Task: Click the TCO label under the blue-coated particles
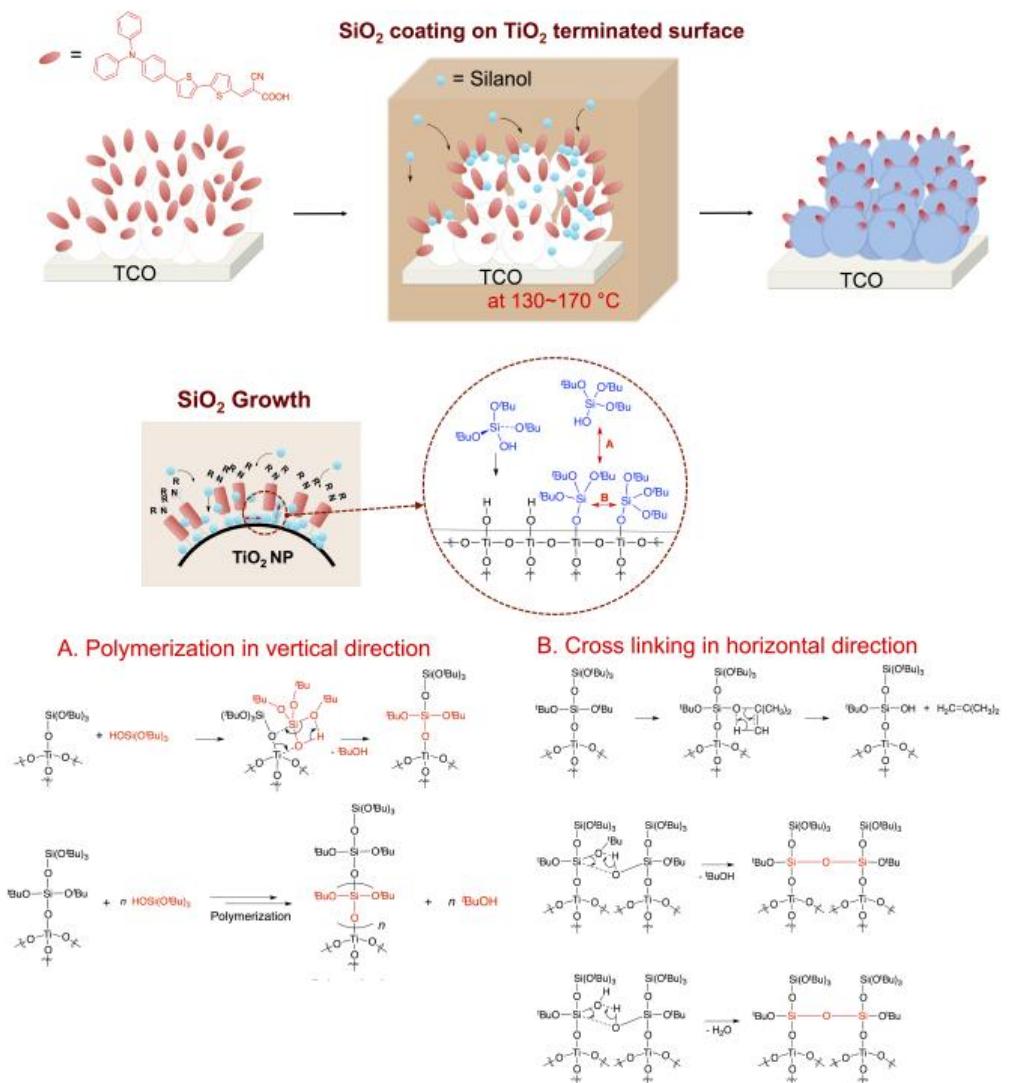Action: (x=861, y=281)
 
